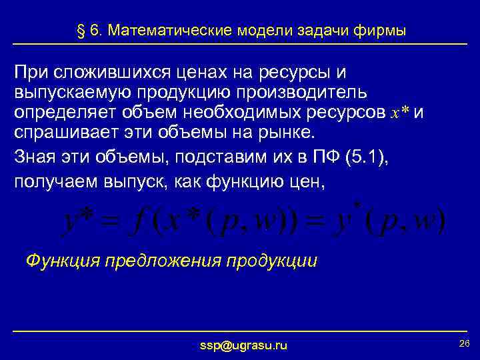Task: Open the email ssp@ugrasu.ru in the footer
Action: point(243,345)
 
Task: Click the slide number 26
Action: point(465,343)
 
